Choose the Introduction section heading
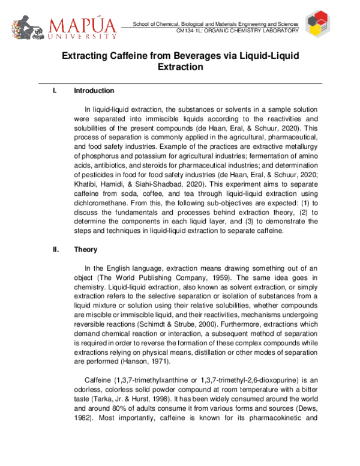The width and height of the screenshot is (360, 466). point(94,91)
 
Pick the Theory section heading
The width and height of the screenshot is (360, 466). point(86,250)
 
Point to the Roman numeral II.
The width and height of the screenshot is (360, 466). point(56,250)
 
